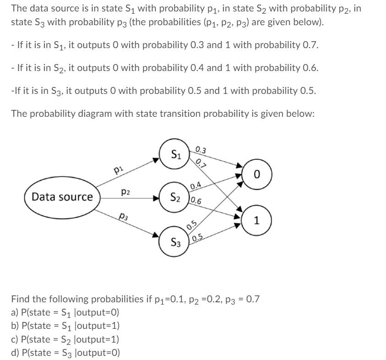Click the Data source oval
pos(62,197)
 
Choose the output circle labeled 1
pos(256,220)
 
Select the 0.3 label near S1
pos(201,150)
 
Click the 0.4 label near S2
pos(196,185)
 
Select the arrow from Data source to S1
pos(128,174)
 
